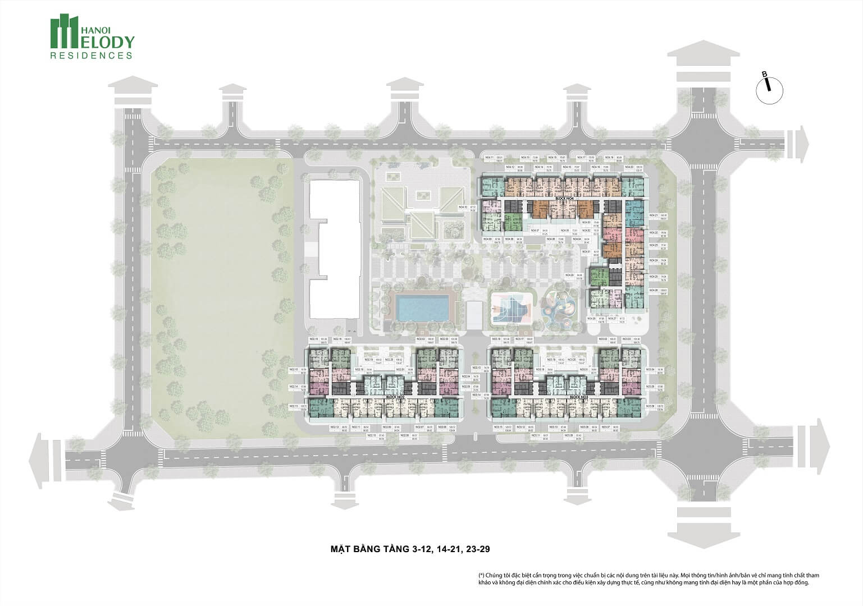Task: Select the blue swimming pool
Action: tap(422, 306)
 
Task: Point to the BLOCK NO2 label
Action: tap(394, 397)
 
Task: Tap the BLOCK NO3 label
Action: tap(578, 397)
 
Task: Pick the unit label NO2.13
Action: tap(293, 406)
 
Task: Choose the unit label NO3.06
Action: tap(651, 406)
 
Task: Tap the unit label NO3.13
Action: tap(498, 427)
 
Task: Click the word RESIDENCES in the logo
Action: tap(92, 56)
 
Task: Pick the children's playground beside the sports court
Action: tap(559, 306)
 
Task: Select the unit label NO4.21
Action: tap(653, 215)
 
